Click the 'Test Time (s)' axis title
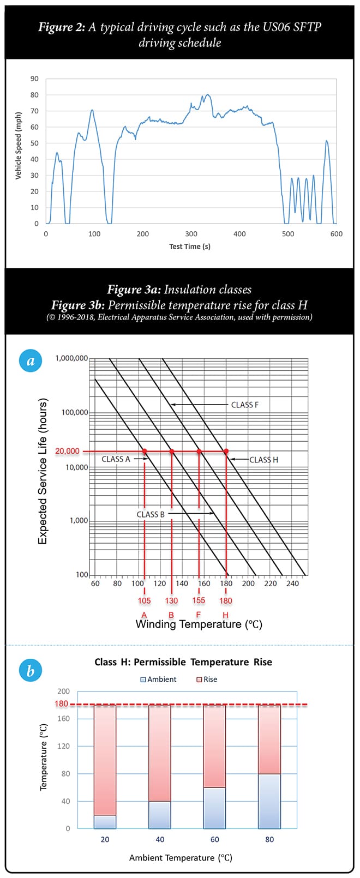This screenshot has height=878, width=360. (189, 246)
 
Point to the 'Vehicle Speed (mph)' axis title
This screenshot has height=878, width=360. (18, 145)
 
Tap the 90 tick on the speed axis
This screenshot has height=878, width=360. (34, 79)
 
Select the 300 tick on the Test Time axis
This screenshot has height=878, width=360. (191, 234)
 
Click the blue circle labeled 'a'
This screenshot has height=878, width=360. (31, 360)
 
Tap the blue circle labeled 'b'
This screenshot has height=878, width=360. (31, 670)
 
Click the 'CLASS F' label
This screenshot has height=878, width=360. (244, 405)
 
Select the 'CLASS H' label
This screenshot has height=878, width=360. (263, 460)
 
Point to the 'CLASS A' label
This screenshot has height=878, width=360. (116, 459)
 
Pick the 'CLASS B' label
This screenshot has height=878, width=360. (151, 514)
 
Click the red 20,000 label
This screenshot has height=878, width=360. (67, 451)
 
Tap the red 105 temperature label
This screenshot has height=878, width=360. (144, 600)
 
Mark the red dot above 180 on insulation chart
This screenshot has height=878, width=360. (226, 451)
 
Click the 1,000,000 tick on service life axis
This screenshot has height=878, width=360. (71, 358)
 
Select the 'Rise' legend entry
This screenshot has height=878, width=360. (207, 679)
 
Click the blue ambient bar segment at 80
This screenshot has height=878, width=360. (269, 801)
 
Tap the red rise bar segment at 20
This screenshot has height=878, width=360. (105, 760)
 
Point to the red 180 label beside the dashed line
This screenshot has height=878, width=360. (62, 703)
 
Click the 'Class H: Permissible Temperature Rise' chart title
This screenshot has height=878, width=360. (183, 662)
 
